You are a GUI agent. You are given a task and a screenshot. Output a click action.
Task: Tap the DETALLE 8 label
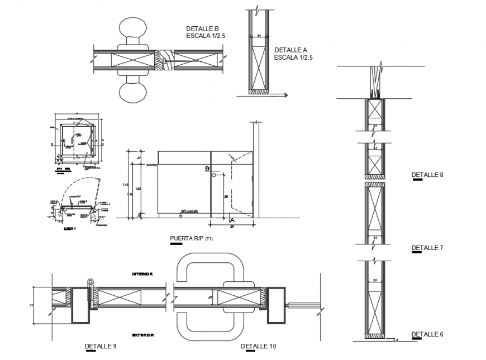(427, 175)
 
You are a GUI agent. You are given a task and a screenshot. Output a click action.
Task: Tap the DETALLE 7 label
(427, 247)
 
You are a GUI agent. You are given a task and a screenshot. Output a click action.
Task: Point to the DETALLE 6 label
(427, 334)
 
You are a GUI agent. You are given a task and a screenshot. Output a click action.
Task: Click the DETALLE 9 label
(101, 346)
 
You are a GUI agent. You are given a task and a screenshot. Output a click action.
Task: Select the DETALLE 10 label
(258, 346)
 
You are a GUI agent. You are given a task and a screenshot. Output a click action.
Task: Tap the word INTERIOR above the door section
(143, 274)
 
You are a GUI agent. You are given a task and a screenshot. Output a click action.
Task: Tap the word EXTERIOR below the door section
(143, 335)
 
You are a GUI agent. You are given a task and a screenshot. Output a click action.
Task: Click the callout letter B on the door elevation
(207, 169)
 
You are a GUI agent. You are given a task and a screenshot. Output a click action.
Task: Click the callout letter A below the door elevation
(232, 220)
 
